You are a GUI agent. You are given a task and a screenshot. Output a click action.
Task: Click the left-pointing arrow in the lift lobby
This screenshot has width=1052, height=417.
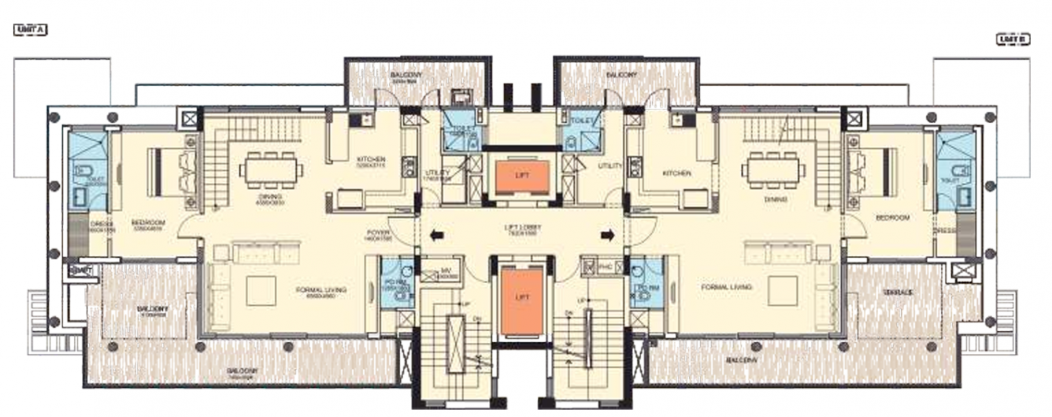tap(435, 234)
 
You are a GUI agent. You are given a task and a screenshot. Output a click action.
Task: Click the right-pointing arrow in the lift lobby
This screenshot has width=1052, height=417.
tap(608, 234)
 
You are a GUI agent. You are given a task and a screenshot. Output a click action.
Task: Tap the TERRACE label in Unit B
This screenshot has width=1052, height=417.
tap(898, 292)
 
